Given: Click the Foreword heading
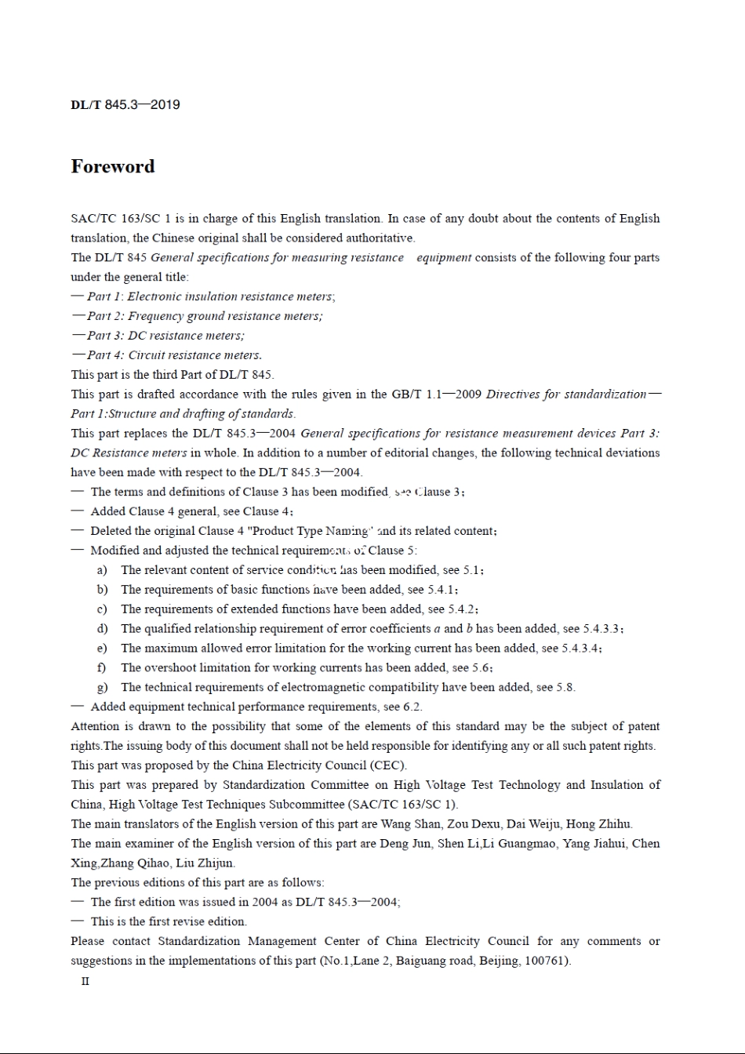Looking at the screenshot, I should coord(113,166).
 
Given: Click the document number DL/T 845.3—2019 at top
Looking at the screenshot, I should coord(125,105).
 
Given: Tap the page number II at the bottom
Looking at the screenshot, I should coord(85,981).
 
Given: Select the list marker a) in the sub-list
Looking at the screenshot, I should coord(102,570).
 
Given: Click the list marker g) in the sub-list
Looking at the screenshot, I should coord(102,688).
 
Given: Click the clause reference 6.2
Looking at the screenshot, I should coord(412,707).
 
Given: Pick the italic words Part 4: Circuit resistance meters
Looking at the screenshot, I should coord(174,355).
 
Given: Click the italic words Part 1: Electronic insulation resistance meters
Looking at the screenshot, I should coord(211,296).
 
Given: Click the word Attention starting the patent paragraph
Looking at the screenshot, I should coord(96,726).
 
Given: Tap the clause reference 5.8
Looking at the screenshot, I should coord(565,688).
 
